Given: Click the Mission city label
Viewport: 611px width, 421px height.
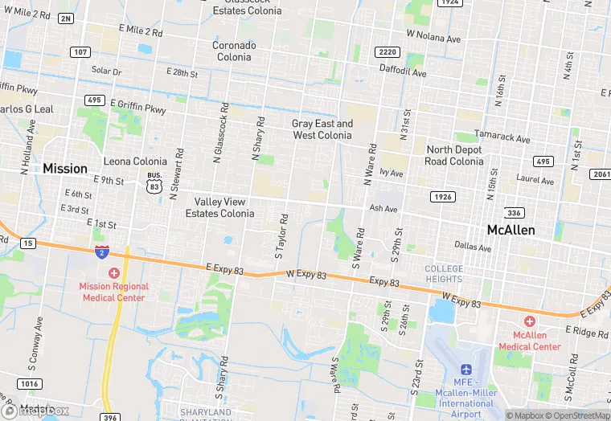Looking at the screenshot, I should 65,169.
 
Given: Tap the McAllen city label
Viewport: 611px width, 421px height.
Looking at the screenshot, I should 511,230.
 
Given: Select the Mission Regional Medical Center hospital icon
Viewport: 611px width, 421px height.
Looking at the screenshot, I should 113,273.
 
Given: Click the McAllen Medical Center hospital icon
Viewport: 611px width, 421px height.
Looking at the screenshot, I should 530,321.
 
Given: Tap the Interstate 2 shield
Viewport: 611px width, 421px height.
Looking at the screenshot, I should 102,252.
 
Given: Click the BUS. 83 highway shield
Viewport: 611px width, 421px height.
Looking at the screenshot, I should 153,182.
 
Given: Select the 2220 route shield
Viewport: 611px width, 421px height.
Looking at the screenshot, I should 386,52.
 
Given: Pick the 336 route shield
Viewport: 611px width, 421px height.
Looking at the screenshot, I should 514,213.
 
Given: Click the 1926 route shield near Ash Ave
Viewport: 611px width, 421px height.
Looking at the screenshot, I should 442,197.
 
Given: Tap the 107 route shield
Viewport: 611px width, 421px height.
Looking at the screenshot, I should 79,52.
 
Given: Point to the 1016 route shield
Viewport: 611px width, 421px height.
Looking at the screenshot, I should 29,384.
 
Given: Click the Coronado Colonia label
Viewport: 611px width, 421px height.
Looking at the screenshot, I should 234,51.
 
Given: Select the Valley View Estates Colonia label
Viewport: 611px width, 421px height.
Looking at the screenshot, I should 219,207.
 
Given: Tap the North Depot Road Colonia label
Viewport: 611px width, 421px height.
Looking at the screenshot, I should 454,155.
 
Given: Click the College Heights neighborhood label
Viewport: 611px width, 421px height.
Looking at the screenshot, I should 444,273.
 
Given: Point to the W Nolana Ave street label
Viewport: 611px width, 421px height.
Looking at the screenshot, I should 433,36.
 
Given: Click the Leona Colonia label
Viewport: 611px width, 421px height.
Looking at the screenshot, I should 135,161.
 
